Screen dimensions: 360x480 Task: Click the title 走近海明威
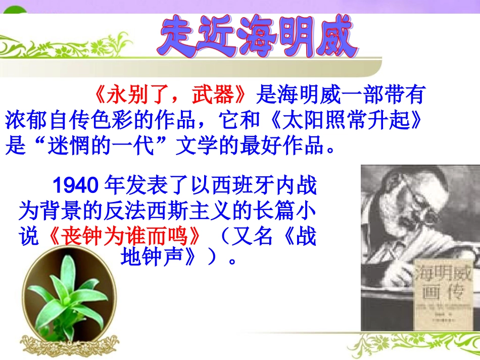[x=258, y=36]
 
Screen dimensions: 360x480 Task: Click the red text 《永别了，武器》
[x=171, y=95]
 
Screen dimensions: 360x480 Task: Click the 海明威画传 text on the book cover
[x=438, y=285]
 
